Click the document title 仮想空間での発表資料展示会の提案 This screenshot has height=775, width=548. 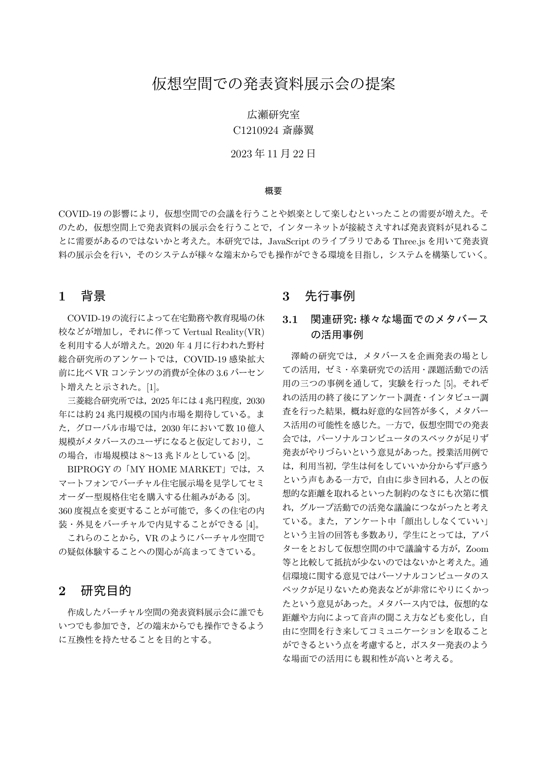tap(274, 84)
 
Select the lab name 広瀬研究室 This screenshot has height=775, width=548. tap(274, 115)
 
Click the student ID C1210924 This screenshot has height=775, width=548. tap(255, 130)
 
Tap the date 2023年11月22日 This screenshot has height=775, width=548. tap(274, 154)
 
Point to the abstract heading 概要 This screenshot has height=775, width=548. tap(273, 191)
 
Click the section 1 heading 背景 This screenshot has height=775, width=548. tap(93, 296)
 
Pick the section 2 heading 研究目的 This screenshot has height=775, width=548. tap(106, 591)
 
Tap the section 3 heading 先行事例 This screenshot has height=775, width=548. tap(330, 296)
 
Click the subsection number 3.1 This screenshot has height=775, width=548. tap(291, 319)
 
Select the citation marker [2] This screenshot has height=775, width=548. tap(244, 456)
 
